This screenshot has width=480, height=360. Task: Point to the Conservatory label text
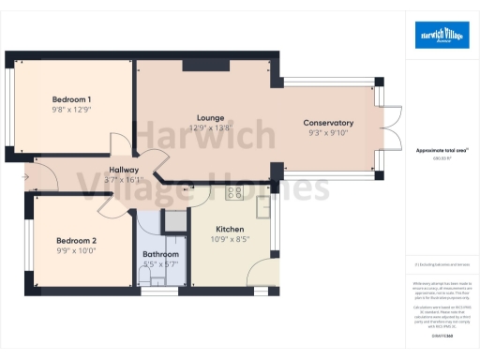coord(328,123)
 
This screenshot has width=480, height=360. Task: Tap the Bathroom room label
coord(160,254)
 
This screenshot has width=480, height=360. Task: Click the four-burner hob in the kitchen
coord(233,193)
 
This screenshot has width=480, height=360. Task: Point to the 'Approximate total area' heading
coord(442,151)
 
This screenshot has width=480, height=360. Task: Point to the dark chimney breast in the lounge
coord(198,65)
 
